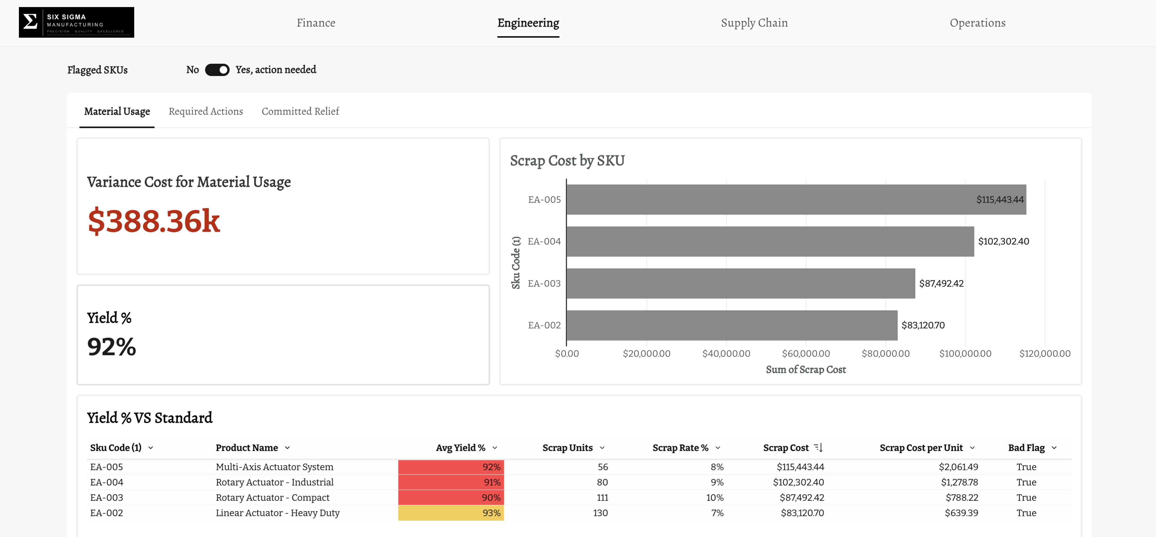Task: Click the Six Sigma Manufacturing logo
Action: click(76, 23)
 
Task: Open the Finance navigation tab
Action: click(316, 23)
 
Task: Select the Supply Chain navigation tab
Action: click(754, 23)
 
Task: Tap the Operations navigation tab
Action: click(977, 23)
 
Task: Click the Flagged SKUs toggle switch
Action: click(217, 70)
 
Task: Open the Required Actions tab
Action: click(206, 111)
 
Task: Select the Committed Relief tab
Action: click(300, 111)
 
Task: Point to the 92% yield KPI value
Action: click(112, 347)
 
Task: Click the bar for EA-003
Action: click(741, 284)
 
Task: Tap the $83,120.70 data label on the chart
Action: click(923, 325)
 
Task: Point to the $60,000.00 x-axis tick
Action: click(806, 353)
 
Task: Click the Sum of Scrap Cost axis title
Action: click(806, 370)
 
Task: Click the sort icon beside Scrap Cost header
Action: click(818, 447)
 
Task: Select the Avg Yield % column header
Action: click(460, 448)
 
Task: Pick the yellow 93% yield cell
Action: click(451, 513)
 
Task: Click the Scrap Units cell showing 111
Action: click(602, 498)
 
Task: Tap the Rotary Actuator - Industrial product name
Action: click(275, 482)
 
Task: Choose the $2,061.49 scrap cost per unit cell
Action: click(959, 467)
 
